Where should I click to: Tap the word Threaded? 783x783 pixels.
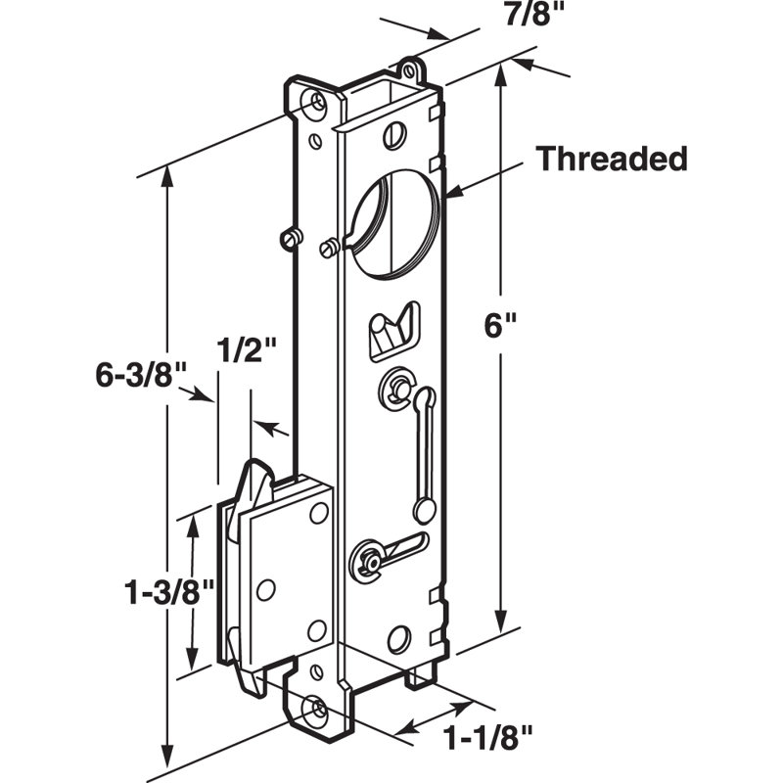(612, 159)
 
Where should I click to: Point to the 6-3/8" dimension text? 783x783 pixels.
(140, 375)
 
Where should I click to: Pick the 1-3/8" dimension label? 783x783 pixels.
(168, 593)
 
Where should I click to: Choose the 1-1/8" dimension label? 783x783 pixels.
(487, 738)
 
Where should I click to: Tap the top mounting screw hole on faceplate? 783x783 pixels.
(316, 104)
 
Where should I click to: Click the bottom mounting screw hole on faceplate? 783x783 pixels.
(315, 709)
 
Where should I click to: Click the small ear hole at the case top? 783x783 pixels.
(410, 70)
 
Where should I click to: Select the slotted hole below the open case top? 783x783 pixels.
(394, 135)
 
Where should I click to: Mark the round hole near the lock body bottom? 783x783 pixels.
(399, 639)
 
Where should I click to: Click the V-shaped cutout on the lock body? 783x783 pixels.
(394, 331)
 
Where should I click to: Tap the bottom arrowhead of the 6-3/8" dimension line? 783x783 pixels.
(167, 761)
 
